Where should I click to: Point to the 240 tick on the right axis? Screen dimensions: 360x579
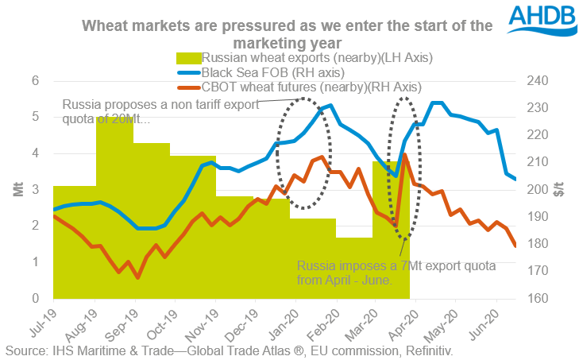coord(534,80)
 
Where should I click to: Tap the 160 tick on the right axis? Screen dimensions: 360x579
coord(534,299)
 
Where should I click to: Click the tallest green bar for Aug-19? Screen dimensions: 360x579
coord(114,207)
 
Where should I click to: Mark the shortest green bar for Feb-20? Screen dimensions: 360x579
coord(354,268)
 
